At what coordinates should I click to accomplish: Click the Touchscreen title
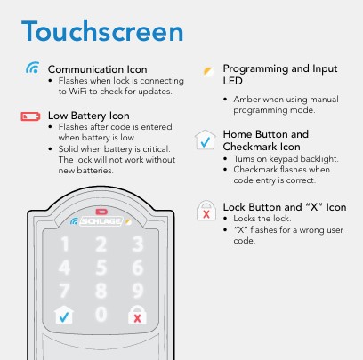[x=102, y=31]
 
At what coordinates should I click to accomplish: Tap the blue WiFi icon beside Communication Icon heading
[x=33, y=68]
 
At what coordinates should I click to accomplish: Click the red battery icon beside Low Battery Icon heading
[x=30, y=116]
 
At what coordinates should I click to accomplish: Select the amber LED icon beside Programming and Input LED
[x=208, y=72]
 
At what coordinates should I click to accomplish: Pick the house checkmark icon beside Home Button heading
[x=206, y=140]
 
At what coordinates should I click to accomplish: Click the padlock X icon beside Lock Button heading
[x=206, y=211]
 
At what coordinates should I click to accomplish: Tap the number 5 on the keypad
[x=101, y=268]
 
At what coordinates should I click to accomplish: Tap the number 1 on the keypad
[x=64, y=244]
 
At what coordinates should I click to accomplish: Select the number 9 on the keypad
[x=138, y=291]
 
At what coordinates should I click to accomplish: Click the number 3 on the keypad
[x=138, y=244]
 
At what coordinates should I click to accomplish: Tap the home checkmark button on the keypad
[x=64, y=315]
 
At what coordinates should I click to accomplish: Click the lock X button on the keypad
[x=137, y=315]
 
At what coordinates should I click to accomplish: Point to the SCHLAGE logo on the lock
[x=101, y=221]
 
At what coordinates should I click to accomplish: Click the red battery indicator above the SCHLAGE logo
[x=101, y=212]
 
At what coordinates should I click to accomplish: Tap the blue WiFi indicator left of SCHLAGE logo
[x=74, y=221]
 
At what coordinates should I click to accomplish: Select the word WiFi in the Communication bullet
[x=78, y=92]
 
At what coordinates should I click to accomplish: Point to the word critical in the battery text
[x=156, y=148]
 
